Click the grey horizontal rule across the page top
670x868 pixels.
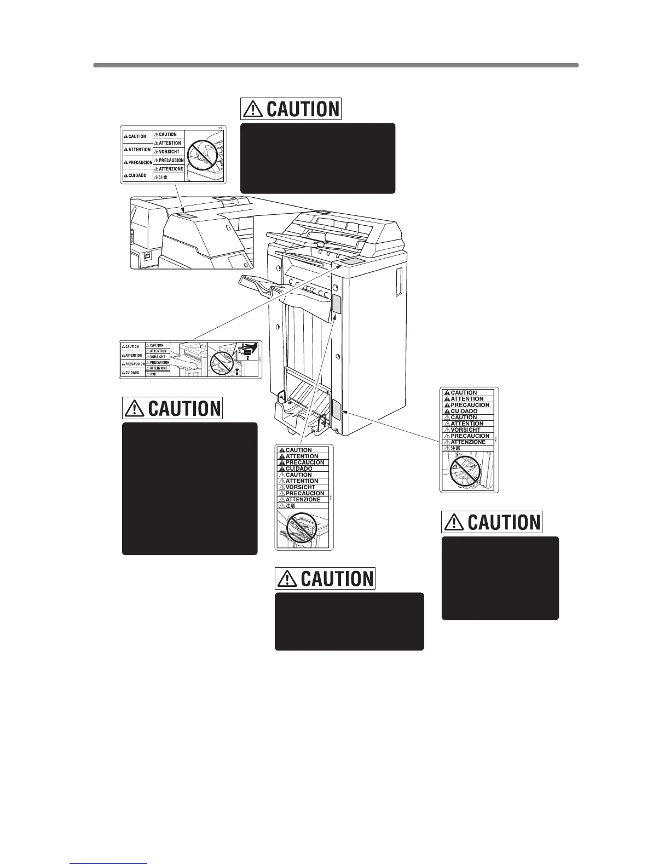click(x=336, y=65)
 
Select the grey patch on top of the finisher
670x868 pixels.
click(x=351, y=264)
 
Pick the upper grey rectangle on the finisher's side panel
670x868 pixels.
click(x=336, y=304)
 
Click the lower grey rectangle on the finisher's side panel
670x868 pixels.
click(x=336, y=409)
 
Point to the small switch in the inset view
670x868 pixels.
click(x=147, y=256)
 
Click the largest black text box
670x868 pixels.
click(x=189, y=488)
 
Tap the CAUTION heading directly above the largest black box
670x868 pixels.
click(x=172, y=408)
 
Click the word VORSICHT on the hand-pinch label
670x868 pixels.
click(x=158, y=357)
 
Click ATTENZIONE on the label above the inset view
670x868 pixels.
click(x=171, y=169)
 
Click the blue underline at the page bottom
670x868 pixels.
click(x=109, y=863)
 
